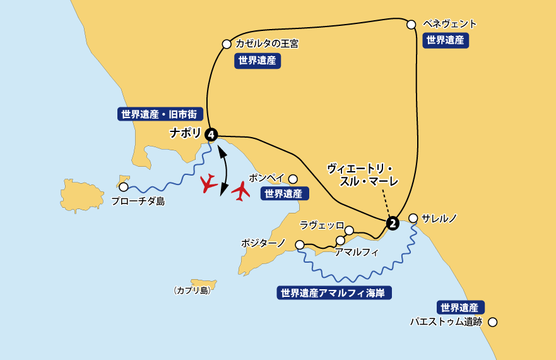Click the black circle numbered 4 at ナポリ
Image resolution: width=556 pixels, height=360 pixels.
[211, 134]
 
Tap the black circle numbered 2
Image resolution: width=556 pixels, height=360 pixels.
[393, 223]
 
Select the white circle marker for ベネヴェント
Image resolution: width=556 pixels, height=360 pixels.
[411, 25]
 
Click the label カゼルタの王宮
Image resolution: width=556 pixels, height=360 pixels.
[266, 44]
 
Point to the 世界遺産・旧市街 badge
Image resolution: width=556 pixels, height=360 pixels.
[160, 114]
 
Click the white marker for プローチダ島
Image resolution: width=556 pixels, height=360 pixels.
[124, 187]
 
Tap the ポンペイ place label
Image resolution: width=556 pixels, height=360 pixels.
[266, 178]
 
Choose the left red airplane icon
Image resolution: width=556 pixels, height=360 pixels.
[209, 184]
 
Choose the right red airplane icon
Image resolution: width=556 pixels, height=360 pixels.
[240, 190]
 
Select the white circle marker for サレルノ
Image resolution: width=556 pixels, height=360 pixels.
[413, 219]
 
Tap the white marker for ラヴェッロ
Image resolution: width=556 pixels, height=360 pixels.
[349, 231]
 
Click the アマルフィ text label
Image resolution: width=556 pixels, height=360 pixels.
[357, 252]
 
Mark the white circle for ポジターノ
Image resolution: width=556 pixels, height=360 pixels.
[300, 244]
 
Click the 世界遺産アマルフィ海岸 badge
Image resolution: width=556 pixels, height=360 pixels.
[334, 293]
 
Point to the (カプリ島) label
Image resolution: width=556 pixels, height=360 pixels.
[192, 291]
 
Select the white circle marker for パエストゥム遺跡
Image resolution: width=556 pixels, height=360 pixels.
[493, 322]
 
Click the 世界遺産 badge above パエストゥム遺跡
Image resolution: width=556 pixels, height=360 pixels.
[461, 308]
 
